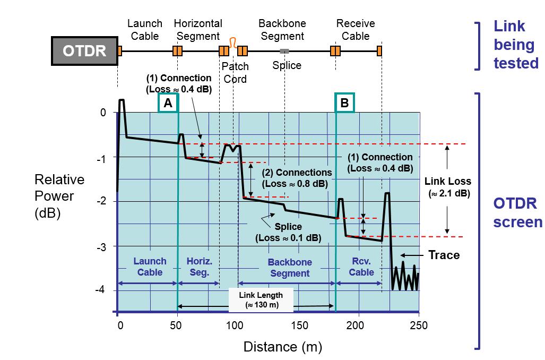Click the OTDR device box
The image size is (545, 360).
click(x=84, y=51)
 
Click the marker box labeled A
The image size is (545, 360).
click(x=168, y=103)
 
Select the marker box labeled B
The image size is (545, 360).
click(x=344, y=103)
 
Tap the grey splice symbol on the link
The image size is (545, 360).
click(x=284, y=51)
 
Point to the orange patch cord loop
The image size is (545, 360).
click(x=232, y=42)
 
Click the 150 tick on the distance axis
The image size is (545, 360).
click(x=300, y=325)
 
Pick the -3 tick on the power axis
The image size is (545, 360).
click(x=101, y=247)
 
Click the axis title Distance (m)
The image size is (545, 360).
click(x=282, y=347)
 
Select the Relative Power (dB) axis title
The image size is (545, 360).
click(x=59, y=196)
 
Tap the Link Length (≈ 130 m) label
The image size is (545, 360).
click(x=261, y=300)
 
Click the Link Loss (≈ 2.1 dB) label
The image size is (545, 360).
click(x=448, y=187)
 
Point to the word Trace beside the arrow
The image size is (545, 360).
click(x=444, y=255)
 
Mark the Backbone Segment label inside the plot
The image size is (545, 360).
click(x=289, y=268)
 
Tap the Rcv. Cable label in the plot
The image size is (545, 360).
click(x=362, y=267)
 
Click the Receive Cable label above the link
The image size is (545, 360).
click(x=356, y=30)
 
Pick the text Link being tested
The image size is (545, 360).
click(x=515, y=45)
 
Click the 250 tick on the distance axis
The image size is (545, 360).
click(x=419, y=325)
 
